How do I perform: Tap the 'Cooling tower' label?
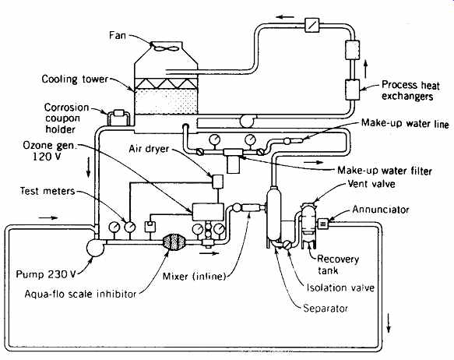75,79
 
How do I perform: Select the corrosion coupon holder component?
118,113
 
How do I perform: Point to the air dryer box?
217,182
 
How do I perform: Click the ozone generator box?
207,212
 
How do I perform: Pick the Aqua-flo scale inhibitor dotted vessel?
174,241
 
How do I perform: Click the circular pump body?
95,248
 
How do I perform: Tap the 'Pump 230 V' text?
46,274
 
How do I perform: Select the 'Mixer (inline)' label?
194,277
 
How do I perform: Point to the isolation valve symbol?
287,245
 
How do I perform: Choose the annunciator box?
323,224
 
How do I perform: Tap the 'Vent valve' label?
371,184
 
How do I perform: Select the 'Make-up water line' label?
405,123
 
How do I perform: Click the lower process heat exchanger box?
352,90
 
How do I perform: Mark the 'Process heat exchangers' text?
410,90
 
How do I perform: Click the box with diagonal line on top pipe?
312,25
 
